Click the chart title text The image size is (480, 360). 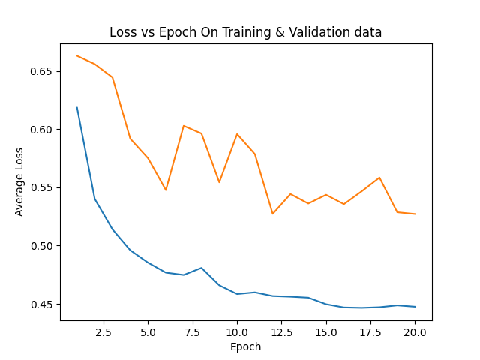[x=245, y=32]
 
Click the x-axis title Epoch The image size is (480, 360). [x=245, y=347]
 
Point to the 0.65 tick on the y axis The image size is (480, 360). [x=44, y=71]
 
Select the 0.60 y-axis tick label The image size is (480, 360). [x=44, y=130]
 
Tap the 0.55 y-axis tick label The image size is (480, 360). [x=44, y=187]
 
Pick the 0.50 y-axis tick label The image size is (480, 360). [x=44, y=246]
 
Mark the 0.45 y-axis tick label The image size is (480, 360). [x=44, y=304]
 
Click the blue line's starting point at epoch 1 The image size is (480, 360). [x=76, y=106]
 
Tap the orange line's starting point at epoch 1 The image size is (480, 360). [x=76, y=55]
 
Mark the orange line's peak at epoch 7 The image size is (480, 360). [x=184, y=126]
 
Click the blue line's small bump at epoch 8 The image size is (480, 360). [x=202, y=268]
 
